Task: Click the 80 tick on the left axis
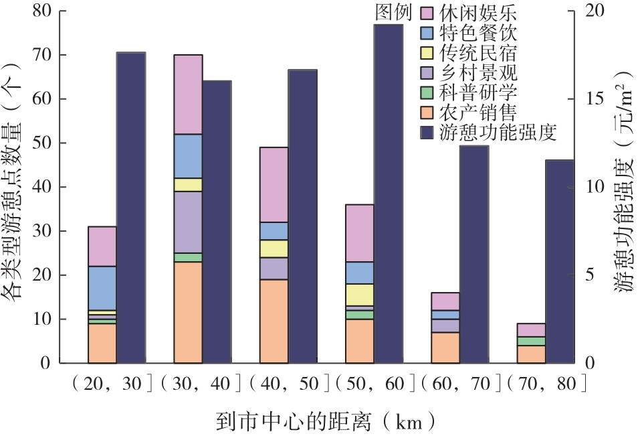(x=41, y=11)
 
